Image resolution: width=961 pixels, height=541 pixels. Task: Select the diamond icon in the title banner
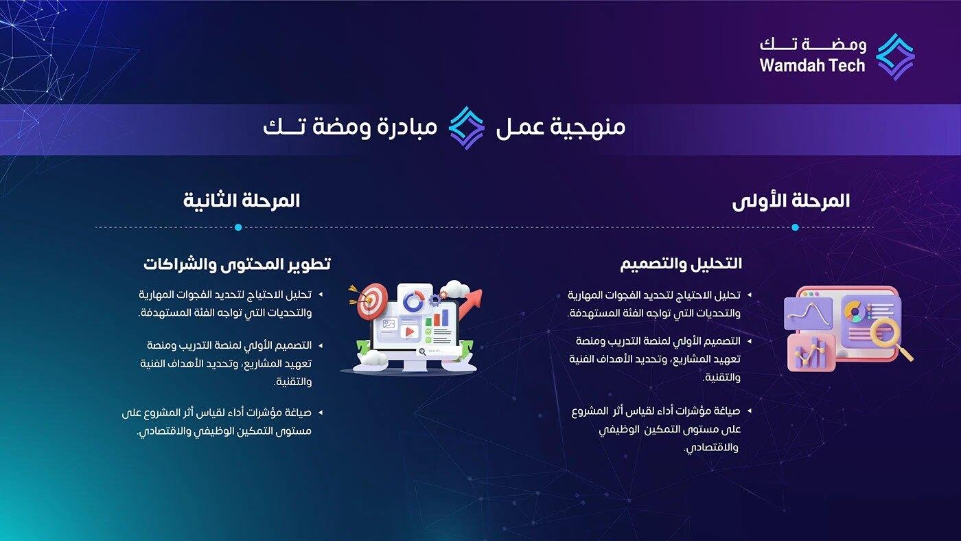coord(467,128)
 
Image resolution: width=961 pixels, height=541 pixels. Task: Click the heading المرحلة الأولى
coord(791,201)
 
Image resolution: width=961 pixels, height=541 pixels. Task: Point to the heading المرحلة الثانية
coord(242,201)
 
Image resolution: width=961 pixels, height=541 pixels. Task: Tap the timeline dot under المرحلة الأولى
coord(795,227)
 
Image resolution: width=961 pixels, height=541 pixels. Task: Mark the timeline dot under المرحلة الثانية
coord(238,227)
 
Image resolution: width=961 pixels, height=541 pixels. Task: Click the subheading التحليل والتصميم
coord(681,264)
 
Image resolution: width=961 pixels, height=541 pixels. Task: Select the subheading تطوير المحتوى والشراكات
coord(237,264)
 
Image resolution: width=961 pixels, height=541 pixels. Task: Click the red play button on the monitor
coord(410,332)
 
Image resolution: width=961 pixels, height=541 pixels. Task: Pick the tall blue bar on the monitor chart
coord(444,316)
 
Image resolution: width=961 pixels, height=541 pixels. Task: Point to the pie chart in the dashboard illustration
coord(855,311)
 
